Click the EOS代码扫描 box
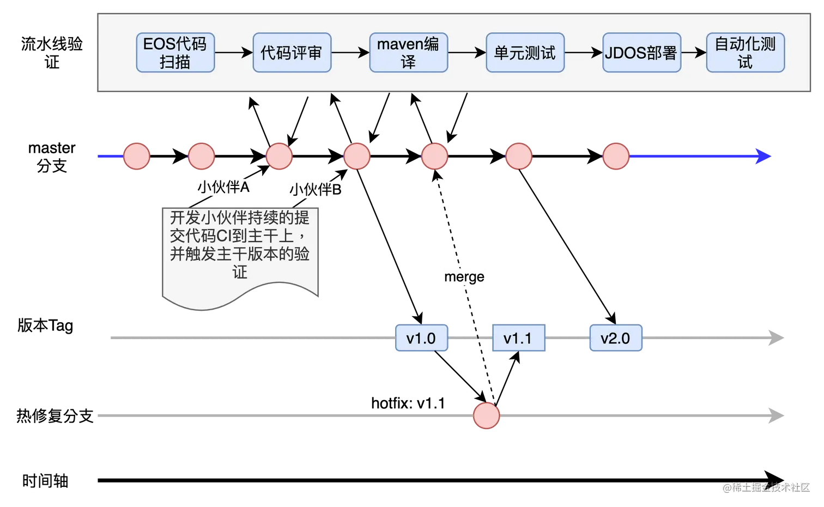(175, 53)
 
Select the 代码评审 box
(292, 53)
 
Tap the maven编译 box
(408, 53)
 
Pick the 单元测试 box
(525, 53)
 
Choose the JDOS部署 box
(641, 53)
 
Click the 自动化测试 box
(745, 53)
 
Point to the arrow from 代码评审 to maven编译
(350, 53)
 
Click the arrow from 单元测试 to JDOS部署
(583, 53)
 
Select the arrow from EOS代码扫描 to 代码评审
(233, 53)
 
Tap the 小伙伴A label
(223, 188)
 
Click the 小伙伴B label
(316, 190)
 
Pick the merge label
(464, 277)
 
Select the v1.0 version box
(421, 339)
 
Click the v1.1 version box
(518, 339)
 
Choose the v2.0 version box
(616, 339)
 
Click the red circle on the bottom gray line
(486, 416)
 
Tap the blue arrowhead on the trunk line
(763, 156)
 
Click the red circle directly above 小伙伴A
(201, 156)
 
